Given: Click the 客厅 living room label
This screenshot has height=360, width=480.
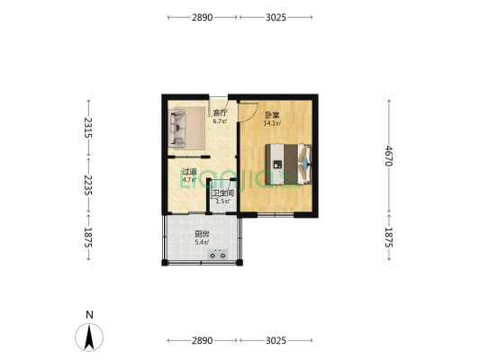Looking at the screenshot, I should pos(220,113).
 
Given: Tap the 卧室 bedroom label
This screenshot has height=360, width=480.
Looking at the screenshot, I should pos(270,114).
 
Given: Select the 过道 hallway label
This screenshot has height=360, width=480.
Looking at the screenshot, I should pos(189,171).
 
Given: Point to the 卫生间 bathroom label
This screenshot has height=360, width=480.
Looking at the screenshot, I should pos(222,193).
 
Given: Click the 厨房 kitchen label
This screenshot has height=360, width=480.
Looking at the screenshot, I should pos(203,234).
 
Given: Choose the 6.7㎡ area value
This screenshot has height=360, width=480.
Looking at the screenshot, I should pos(220,121).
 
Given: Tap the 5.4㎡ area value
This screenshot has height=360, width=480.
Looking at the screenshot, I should pos(203,242).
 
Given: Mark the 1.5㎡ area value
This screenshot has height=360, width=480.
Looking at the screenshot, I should pos(222,202).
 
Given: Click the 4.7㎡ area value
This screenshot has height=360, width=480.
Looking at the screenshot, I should pos(189,179).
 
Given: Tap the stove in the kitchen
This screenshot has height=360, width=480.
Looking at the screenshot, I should pos(217,256).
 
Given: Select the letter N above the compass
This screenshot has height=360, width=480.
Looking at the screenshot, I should pos(89,314).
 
